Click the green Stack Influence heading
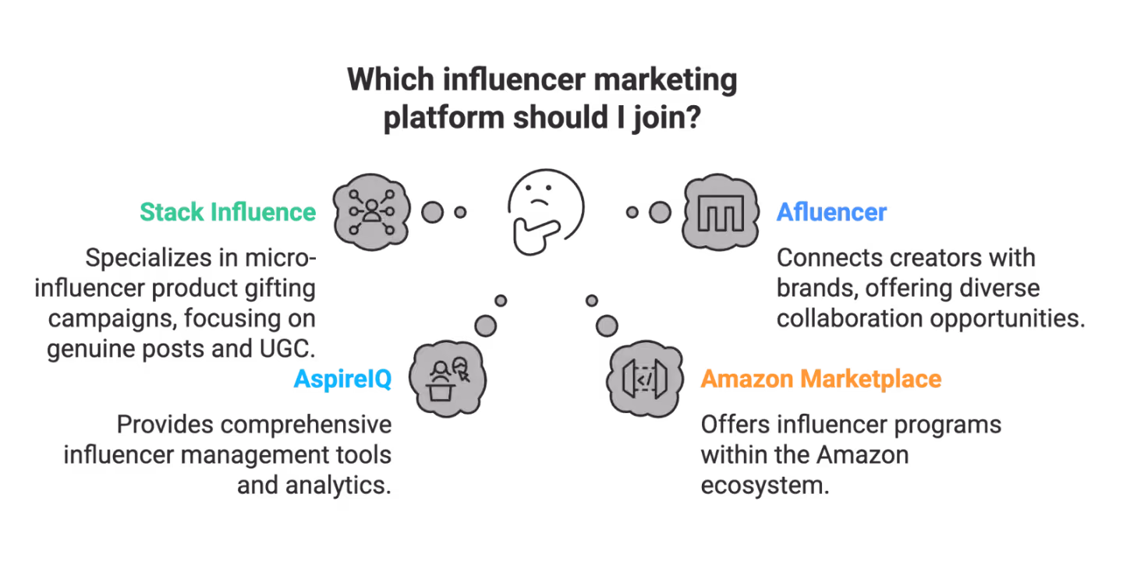click(228, 212)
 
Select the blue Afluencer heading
click(831, 212)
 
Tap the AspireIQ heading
click(343, 379)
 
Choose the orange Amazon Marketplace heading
click(821, 379)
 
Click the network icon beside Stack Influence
click(371, 212)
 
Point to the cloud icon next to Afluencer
click(721, 212)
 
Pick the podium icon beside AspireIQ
click(448, 379)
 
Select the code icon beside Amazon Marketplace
click(645, 379)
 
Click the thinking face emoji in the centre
click(545, 212)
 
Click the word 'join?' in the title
click(667, 118)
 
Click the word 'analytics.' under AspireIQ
click(338, 486)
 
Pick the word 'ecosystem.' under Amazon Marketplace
click(765, 486)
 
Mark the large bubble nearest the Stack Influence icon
click(432, 213)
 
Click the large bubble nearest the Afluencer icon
click(660, 213)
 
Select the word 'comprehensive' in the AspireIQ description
click(306, 425)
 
